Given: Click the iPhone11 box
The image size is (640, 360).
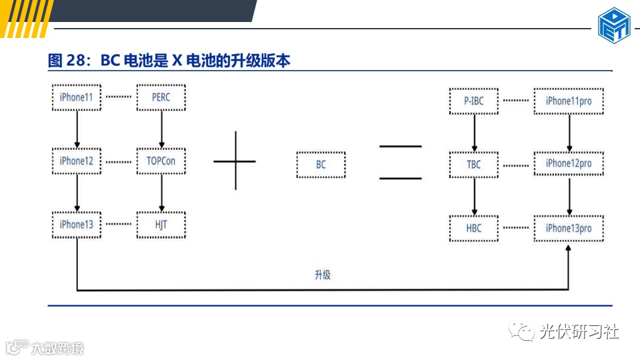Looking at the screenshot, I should coord(77,98).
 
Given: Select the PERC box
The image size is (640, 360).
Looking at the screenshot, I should coord(161,98).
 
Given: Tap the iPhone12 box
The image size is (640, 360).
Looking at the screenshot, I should coord(77,161).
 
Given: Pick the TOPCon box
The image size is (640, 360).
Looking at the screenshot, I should coord(161,161).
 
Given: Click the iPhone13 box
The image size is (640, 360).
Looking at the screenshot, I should coord(77,225).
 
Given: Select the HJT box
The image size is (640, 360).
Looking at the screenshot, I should coord(161,225).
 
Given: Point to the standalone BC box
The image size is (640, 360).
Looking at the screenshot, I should coord(321,165).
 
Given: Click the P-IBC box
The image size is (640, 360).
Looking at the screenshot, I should coord(474,101).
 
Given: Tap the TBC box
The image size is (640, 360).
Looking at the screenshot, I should coord(474,165).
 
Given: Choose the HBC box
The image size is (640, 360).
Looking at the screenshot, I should coord(474,229).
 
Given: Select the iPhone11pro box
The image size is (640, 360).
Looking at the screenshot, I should coord(569,101).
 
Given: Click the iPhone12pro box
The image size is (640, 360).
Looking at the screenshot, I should coord(569,164).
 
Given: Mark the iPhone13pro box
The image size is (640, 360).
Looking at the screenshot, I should coord(569,229).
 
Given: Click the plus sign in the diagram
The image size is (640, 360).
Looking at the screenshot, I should coord(235,161).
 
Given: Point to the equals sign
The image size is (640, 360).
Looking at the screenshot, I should coord(400,162).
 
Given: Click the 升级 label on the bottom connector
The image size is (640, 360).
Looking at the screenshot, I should coord(323,275).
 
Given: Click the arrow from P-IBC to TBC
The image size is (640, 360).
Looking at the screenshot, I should coord(474,133).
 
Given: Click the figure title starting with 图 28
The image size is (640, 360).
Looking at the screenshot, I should coord(169,61).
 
